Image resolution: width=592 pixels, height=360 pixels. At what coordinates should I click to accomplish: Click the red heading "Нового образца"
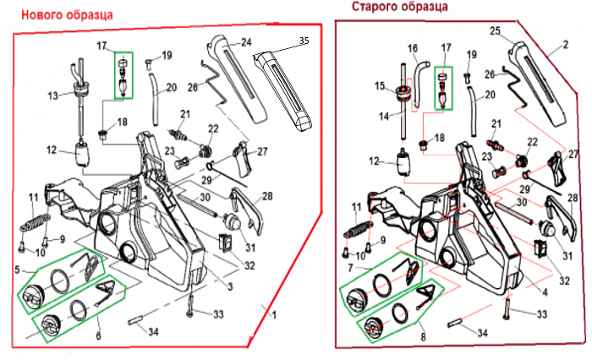click(x=68, y=14)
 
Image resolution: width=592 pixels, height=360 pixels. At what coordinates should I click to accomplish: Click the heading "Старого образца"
click(x=400, y=8)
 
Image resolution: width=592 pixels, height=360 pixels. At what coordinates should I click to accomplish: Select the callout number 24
click(x=246, y=41)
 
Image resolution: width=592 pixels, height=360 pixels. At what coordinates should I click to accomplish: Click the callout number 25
click(x=495, y=30)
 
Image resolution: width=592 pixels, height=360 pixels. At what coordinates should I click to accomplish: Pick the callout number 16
click(x=413, y=48)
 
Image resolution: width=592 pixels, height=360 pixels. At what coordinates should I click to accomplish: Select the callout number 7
click(x=348, y=267)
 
